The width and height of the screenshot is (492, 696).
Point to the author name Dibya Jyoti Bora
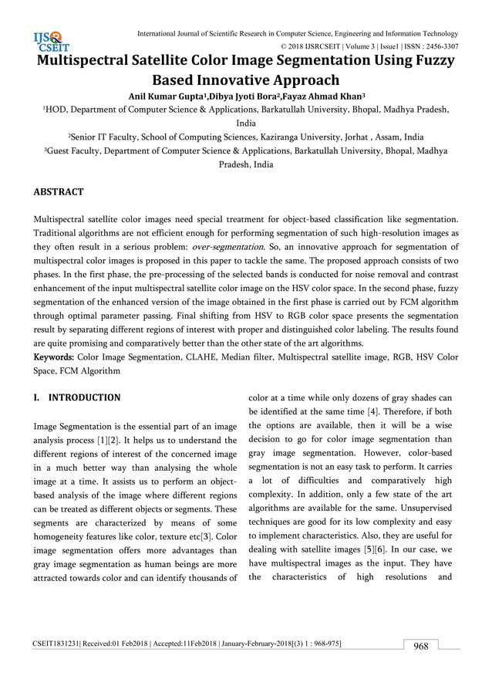tap(239, 96)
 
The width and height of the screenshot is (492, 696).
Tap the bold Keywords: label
tap(53, 357)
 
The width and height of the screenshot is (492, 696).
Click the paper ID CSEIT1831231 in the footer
tap(60, 643)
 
